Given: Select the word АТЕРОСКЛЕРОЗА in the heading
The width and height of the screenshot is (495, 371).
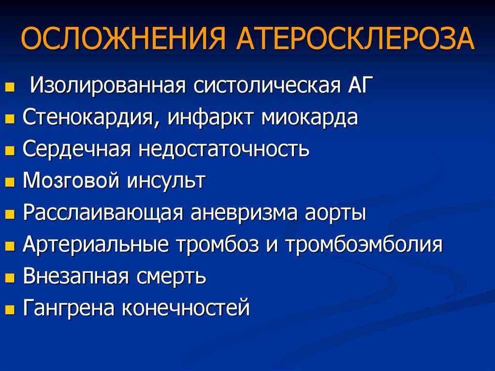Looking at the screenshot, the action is [x=355, y=39].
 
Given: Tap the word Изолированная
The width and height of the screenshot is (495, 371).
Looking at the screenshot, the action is [x=108, y=85].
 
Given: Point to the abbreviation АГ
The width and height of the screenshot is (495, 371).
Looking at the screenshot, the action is [x=358, y=85].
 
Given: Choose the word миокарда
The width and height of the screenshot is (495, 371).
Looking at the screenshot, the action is [x=310, y=118].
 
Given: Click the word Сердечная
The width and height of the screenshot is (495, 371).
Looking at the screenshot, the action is [x=77, y=149].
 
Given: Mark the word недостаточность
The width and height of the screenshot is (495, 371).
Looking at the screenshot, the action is [x=224, y=148].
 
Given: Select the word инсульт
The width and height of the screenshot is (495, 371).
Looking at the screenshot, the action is [x=166, y=181].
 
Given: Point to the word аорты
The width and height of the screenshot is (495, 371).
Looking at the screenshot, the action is [x=335, y=214].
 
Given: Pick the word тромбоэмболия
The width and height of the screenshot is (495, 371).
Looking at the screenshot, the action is [x=364, y=245].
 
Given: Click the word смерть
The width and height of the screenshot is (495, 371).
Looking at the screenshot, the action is [x=171, y=277].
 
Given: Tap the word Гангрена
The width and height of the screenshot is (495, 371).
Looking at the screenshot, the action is [x=68, y=308].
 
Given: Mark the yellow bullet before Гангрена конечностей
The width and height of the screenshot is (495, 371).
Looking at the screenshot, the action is [x=10, y=310].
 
